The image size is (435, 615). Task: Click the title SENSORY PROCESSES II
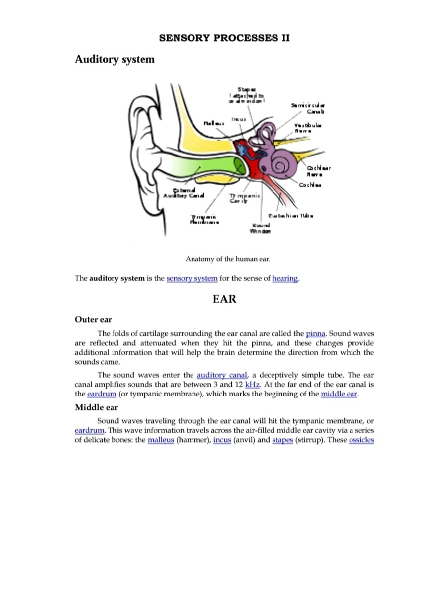[x=224, y=38]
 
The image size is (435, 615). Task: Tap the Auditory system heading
[x=115, y=59]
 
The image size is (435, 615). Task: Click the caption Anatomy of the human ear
[x=228, y=259]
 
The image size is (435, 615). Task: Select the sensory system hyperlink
[x=192, y=279]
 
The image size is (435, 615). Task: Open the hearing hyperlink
[x=285, y=279]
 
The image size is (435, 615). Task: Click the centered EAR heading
[x=224, y=299]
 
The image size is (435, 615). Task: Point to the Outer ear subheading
[x=93, y=319]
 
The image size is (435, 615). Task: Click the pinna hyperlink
[x=315, y=334]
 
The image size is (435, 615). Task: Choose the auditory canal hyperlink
[x=221, y=375]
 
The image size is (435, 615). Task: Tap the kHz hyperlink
[x=252, y=385]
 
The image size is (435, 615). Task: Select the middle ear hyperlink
[x=339, y=394]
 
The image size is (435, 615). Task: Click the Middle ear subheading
[x=96, y=407]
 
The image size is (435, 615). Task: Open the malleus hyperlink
[x=161, y=440]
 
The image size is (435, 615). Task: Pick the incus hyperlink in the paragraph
[x=222, y=440]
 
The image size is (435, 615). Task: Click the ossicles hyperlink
[x=361, y=440]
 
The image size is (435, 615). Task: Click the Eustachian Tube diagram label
[x=290, y=216]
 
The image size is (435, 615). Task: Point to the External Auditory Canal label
[x=184, y=193]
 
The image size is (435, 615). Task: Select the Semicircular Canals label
[x=308, y=108]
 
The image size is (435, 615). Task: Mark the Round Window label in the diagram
[x=260, y=228]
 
